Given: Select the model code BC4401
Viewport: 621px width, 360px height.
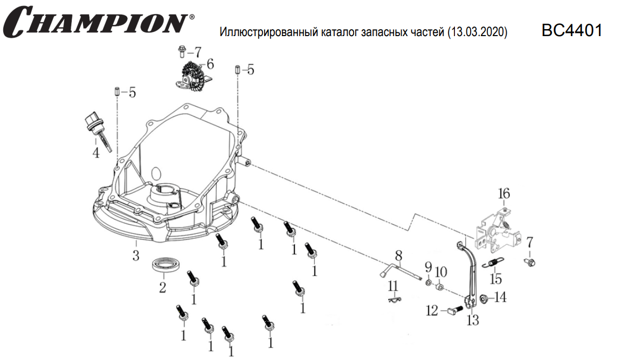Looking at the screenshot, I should pos(571,30).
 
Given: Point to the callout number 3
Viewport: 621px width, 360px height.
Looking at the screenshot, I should pos(136,254).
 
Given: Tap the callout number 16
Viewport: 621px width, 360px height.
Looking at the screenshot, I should pos(503,193).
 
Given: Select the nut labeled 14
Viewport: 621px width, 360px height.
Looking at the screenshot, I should pos(483,298).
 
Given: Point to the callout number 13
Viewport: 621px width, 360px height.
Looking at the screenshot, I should pos(473,321).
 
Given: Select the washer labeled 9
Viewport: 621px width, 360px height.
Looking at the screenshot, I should pos(428,282).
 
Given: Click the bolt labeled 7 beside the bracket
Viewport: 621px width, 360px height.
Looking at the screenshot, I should pos(529,262).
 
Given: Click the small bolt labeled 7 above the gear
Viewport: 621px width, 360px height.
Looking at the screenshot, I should pos(181,52).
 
